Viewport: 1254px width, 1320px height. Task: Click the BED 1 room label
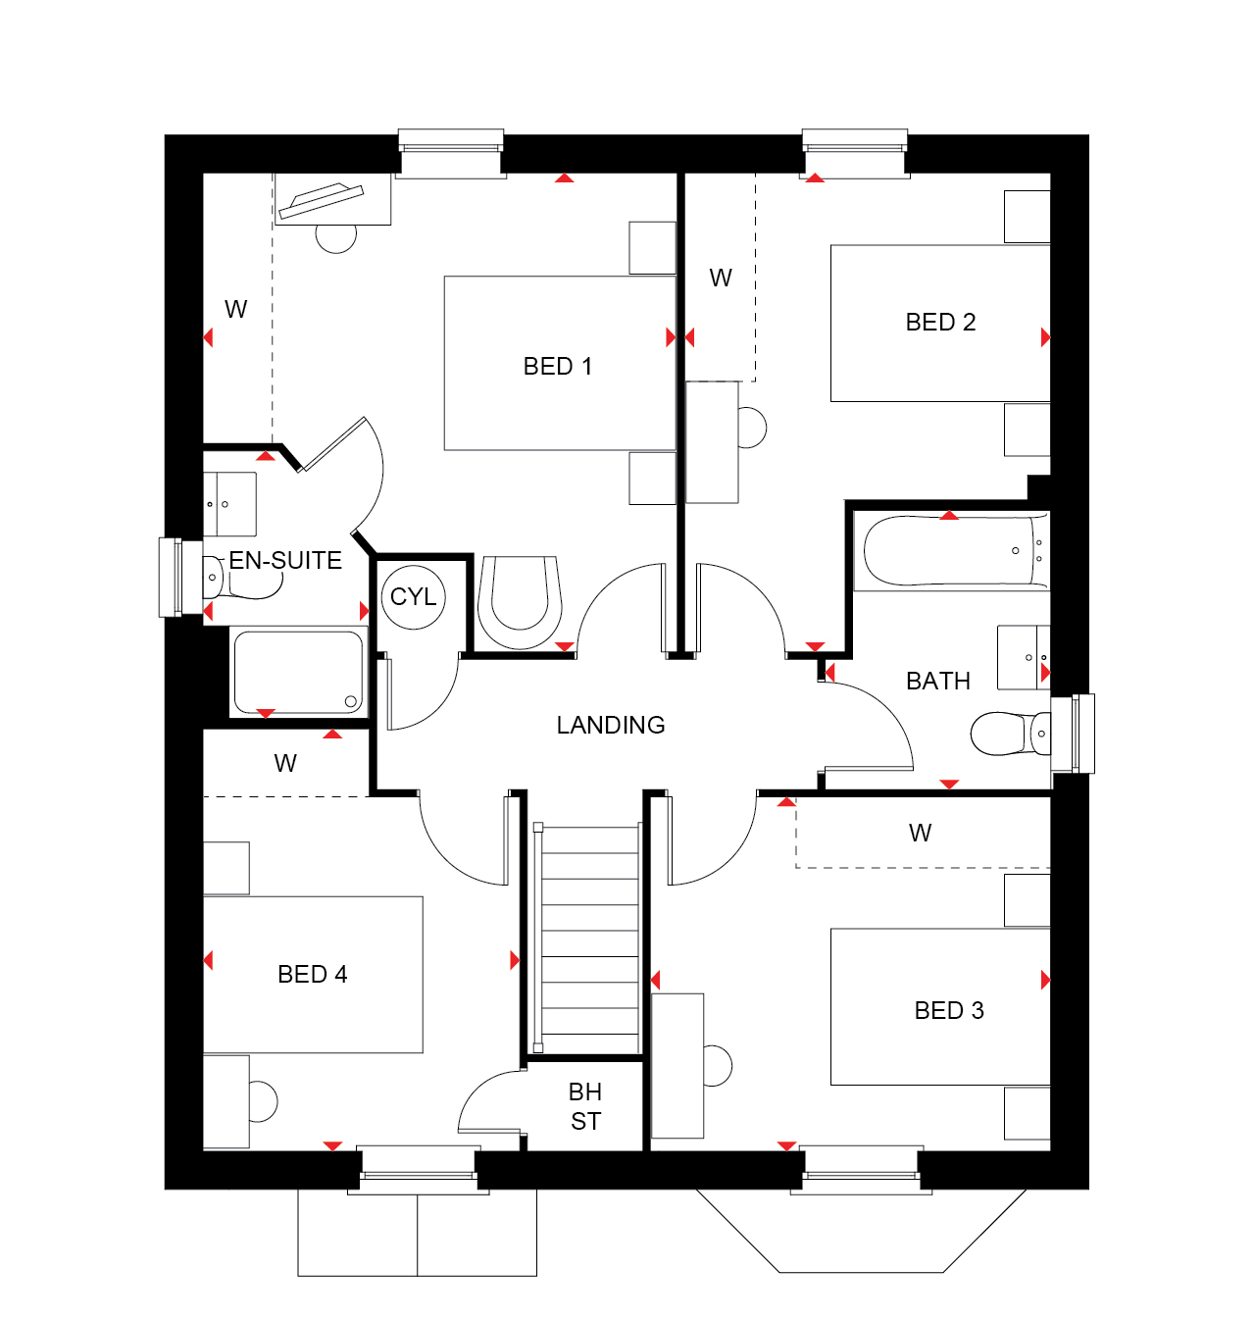(557, 366)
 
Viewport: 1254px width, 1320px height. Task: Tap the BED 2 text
(940, 323)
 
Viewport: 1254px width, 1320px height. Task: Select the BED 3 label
(948, 1010)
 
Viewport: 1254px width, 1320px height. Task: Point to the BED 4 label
(312, 974)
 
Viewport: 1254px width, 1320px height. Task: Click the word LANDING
(610, 725)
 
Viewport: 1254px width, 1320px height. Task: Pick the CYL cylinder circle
(414, 597)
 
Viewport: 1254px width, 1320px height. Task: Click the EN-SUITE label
(285, 560)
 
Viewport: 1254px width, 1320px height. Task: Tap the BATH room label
(938, 681)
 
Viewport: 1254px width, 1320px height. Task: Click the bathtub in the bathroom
(955, 550)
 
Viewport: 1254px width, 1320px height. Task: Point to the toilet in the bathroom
(1010, 734)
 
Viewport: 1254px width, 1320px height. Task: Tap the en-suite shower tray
(298, 672)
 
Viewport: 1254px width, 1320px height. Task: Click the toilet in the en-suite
(241, 577)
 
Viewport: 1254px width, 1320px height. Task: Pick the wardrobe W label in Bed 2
(721, 278)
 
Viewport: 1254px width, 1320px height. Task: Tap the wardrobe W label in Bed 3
(920, 834)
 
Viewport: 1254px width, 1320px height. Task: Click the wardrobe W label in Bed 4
(285, 763)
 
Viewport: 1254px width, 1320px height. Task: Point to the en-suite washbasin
(228, 503)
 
